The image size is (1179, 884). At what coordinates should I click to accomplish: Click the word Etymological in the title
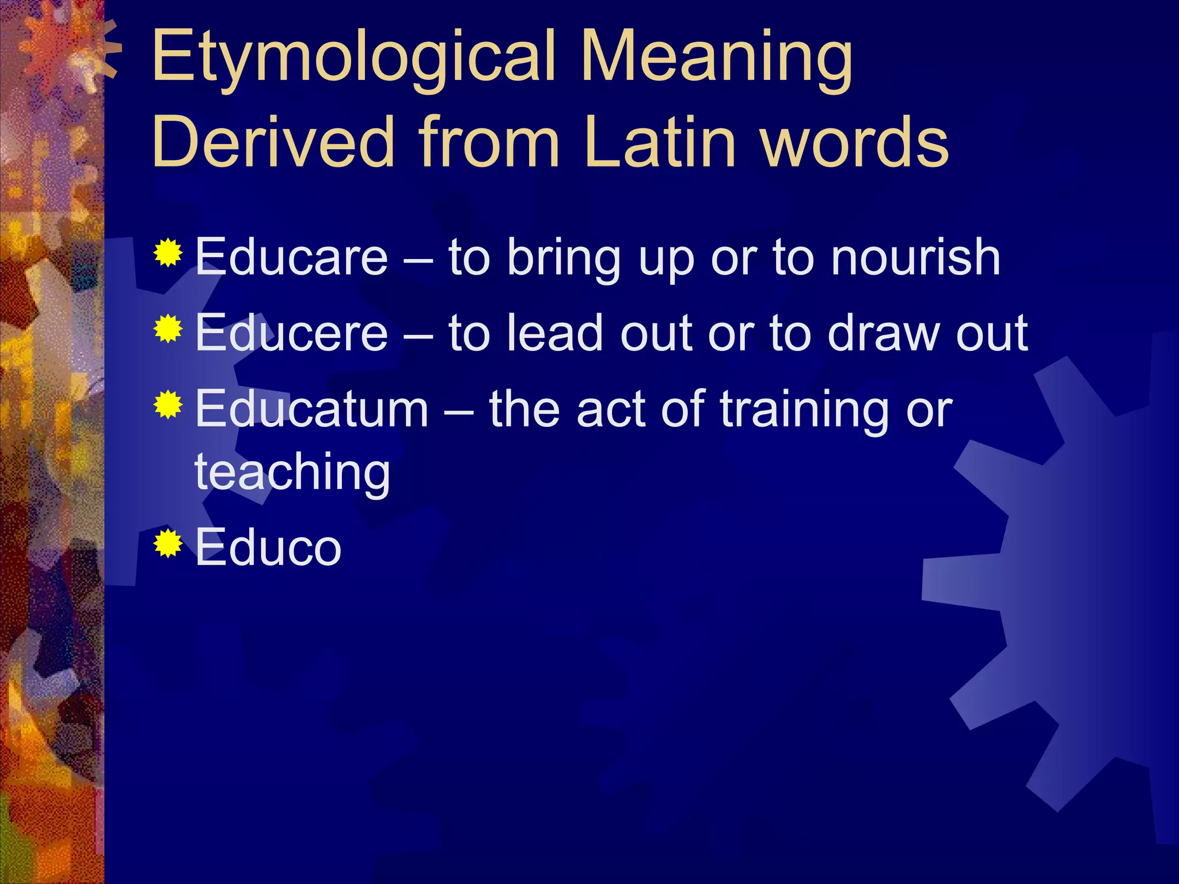pos(354,58)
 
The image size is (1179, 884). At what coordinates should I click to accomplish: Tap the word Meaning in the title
pos(717,58)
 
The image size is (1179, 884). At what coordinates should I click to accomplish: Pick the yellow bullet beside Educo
pos(168,543)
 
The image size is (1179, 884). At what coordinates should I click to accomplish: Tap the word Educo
pos(268,547)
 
